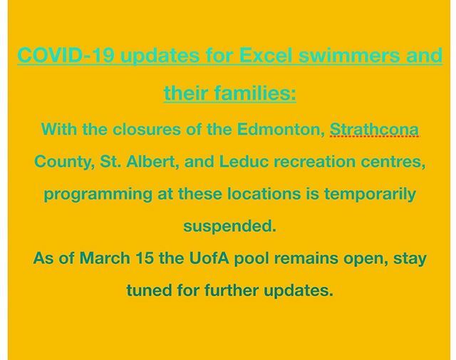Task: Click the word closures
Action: pyautogui.click(x=137, y=130)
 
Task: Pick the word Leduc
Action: pyautogui.click(x=226, y=163)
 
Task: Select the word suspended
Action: pyautogui.click(x=228, y=227)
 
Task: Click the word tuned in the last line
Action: pyautogui.click(x=147, y=291)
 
